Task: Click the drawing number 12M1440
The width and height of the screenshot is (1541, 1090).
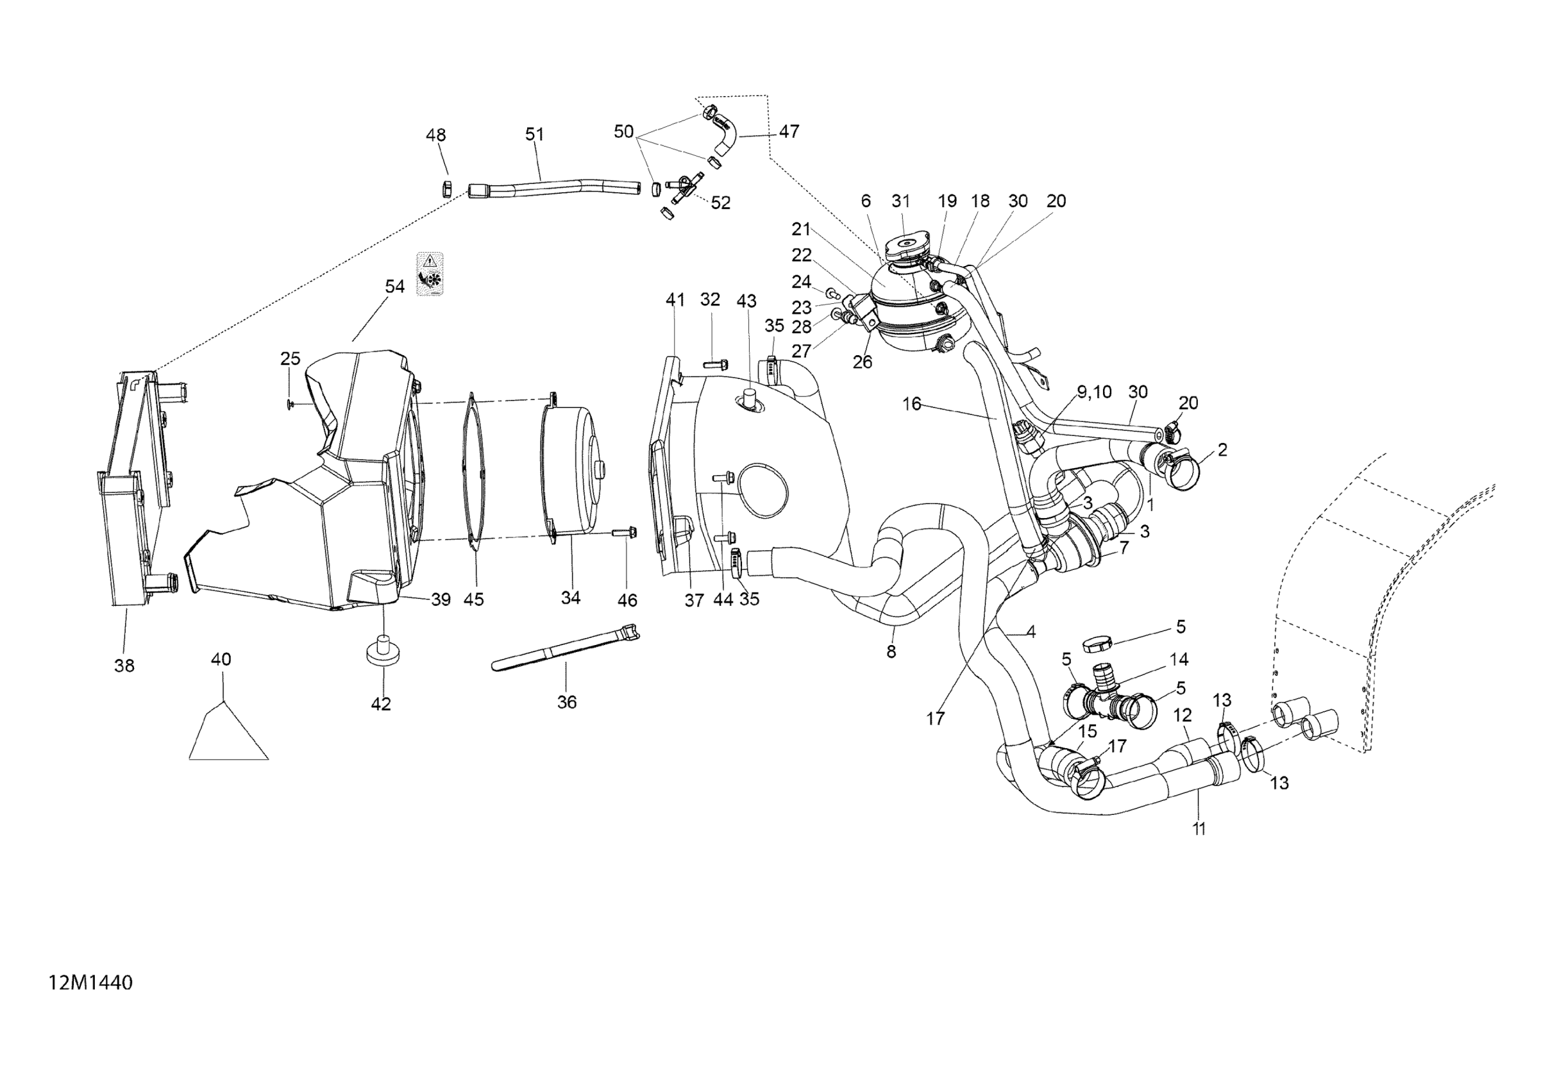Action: [x=90, y=984]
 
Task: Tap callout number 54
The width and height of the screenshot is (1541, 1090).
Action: [x=394, y=287]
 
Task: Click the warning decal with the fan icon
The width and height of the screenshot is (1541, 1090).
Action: [x=430, y=274]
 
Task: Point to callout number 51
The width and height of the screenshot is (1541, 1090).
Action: [x=534, y=134]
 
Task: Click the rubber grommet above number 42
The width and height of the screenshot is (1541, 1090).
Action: [x=381, y=651]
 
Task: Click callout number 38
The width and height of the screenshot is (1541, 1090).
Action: [x=125, y=666]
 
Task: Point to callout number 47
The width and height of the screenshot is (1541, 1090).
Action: [x=789, y=131]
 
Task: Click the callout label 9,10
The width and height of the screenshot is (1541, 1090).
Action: [x=1095, y=392]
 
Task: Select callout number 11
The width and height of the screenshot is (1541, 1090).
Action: [x=1199, y=829]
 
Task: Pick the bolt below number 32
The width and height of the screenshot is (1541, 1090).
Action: [x=712, y=365]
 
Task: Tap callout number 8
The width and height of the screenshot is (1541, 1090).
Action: [x=891, y=651]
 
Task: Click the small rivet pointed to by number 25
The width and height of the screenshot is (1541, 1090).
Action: [x=289, y=403]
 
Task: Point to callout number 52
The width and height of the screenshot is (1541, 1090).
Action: [x=720, y=202]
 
